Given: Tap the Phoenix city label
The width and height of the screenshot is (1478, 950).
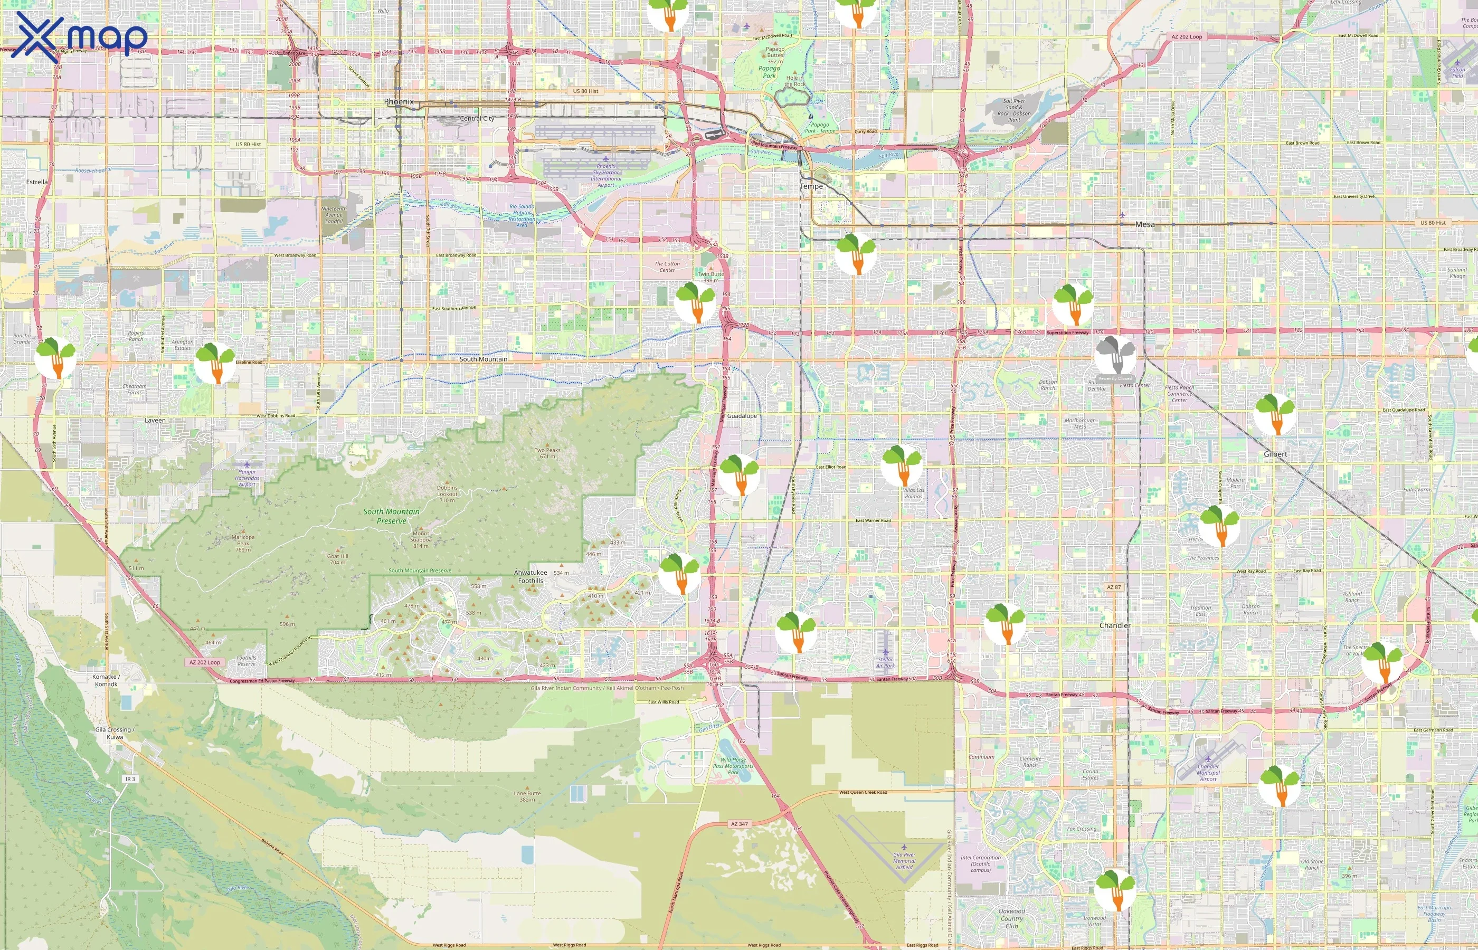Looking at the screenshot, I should point(399,102).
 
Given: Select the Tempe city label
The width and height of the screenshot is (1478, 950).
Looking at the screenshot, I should point(811,186).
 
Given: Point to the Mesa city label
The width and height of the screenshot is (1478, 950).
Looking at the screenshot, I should point(1145,224).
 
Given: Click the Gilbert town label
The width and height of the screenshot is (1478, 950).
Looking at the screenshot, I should point(1275,454).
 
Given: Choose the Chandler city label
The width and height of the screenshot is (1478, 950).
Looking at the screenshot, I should point(1115,625).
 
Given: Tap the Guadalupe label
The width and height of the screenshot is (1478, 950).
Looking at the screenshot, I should point(742,416).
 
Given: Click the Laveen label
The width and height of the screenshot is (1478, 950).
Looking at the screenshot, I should point(155,420).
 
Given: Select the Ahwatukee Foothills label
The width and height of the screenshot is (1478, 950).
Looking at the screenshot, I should point(530,576).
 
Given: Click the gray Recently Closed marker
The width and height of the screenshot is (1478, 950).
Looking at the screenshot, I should point(1115,355).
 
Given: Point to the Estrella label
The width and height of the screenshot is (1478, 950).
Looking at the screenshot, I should point(37,182).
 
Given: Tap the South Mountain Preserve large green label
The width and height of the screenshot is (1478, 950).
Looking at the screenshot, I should point(391,516).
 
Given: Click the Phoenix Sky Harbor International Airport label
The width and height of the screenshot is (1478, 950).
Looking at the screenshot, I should point(606,175).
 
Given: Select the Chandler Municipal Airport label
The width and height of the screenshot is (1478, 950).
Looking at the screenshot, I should point(1208,772).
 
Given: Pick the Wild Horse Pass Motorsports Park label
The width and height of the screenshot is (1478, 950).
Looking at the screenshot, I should point(733,766).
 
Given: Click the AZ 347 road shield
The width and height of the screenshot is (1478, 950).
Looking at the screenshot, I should point(739,823).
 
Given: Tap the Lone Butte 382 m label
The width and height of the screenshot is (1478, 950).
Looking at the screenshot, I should point(527,796).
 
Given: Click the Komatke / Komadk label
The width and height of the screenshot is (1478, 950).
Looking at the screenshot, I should point(106,680).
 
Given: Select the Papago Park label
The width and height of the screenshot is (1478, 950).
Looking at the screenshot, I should point(769,72).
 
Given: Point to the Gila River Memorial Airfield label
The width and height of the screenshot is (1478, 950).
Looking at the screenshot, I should point(904,861).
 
